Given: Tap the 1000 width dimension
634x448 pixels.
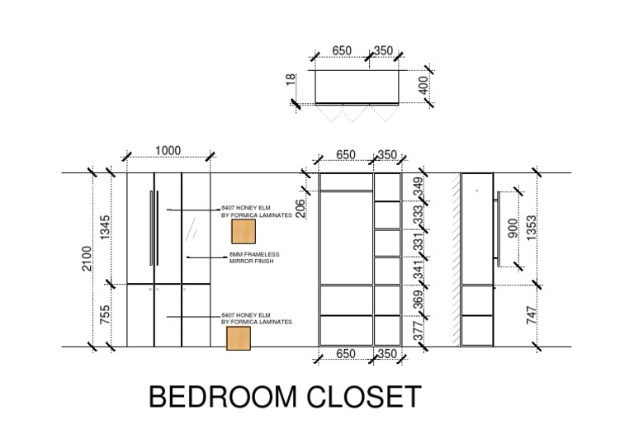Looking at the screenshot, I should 168,150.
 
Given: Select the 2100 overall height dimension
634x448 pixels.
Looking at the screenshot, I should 86,260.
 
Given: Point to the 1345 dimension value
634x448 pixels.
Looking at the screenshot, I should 105,228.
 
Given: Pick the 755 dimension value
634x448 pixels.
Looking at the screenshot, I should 105,315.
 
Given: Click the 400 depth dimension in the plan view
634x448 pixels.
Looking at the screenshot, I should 423,85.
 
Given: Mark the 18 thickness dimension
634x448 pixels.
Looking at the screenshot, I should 291,79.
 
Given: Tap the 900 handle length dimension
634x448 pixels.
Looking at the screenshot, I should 513,229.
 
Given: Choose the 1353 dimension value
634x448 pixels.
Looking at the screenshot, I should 532,228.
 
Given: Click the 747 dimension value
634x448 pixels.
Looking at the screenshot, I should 532,315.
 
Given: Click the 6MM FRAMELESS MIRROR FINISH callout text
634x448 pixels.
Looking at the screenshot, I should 254,257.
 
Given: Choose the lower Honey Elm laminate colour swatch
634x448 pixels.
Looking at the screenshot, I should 238,337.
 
